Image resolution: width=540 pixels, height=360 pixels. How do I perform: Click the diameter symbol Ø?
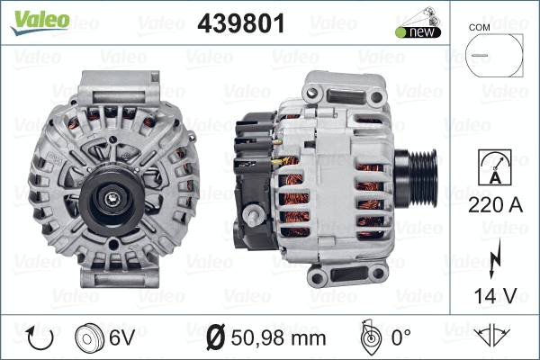click(x=216, y=339)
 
